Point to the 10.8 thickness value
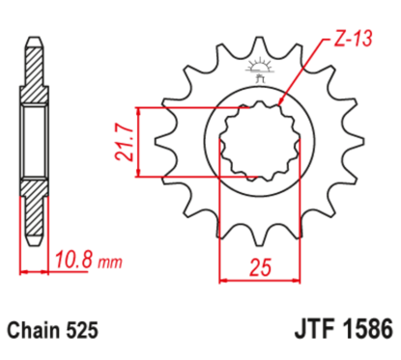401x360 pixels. pyautogui.click(x=71, y=260)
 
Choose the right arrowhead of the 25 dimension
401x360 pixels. pyautogui.click(x=286, y=281)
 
